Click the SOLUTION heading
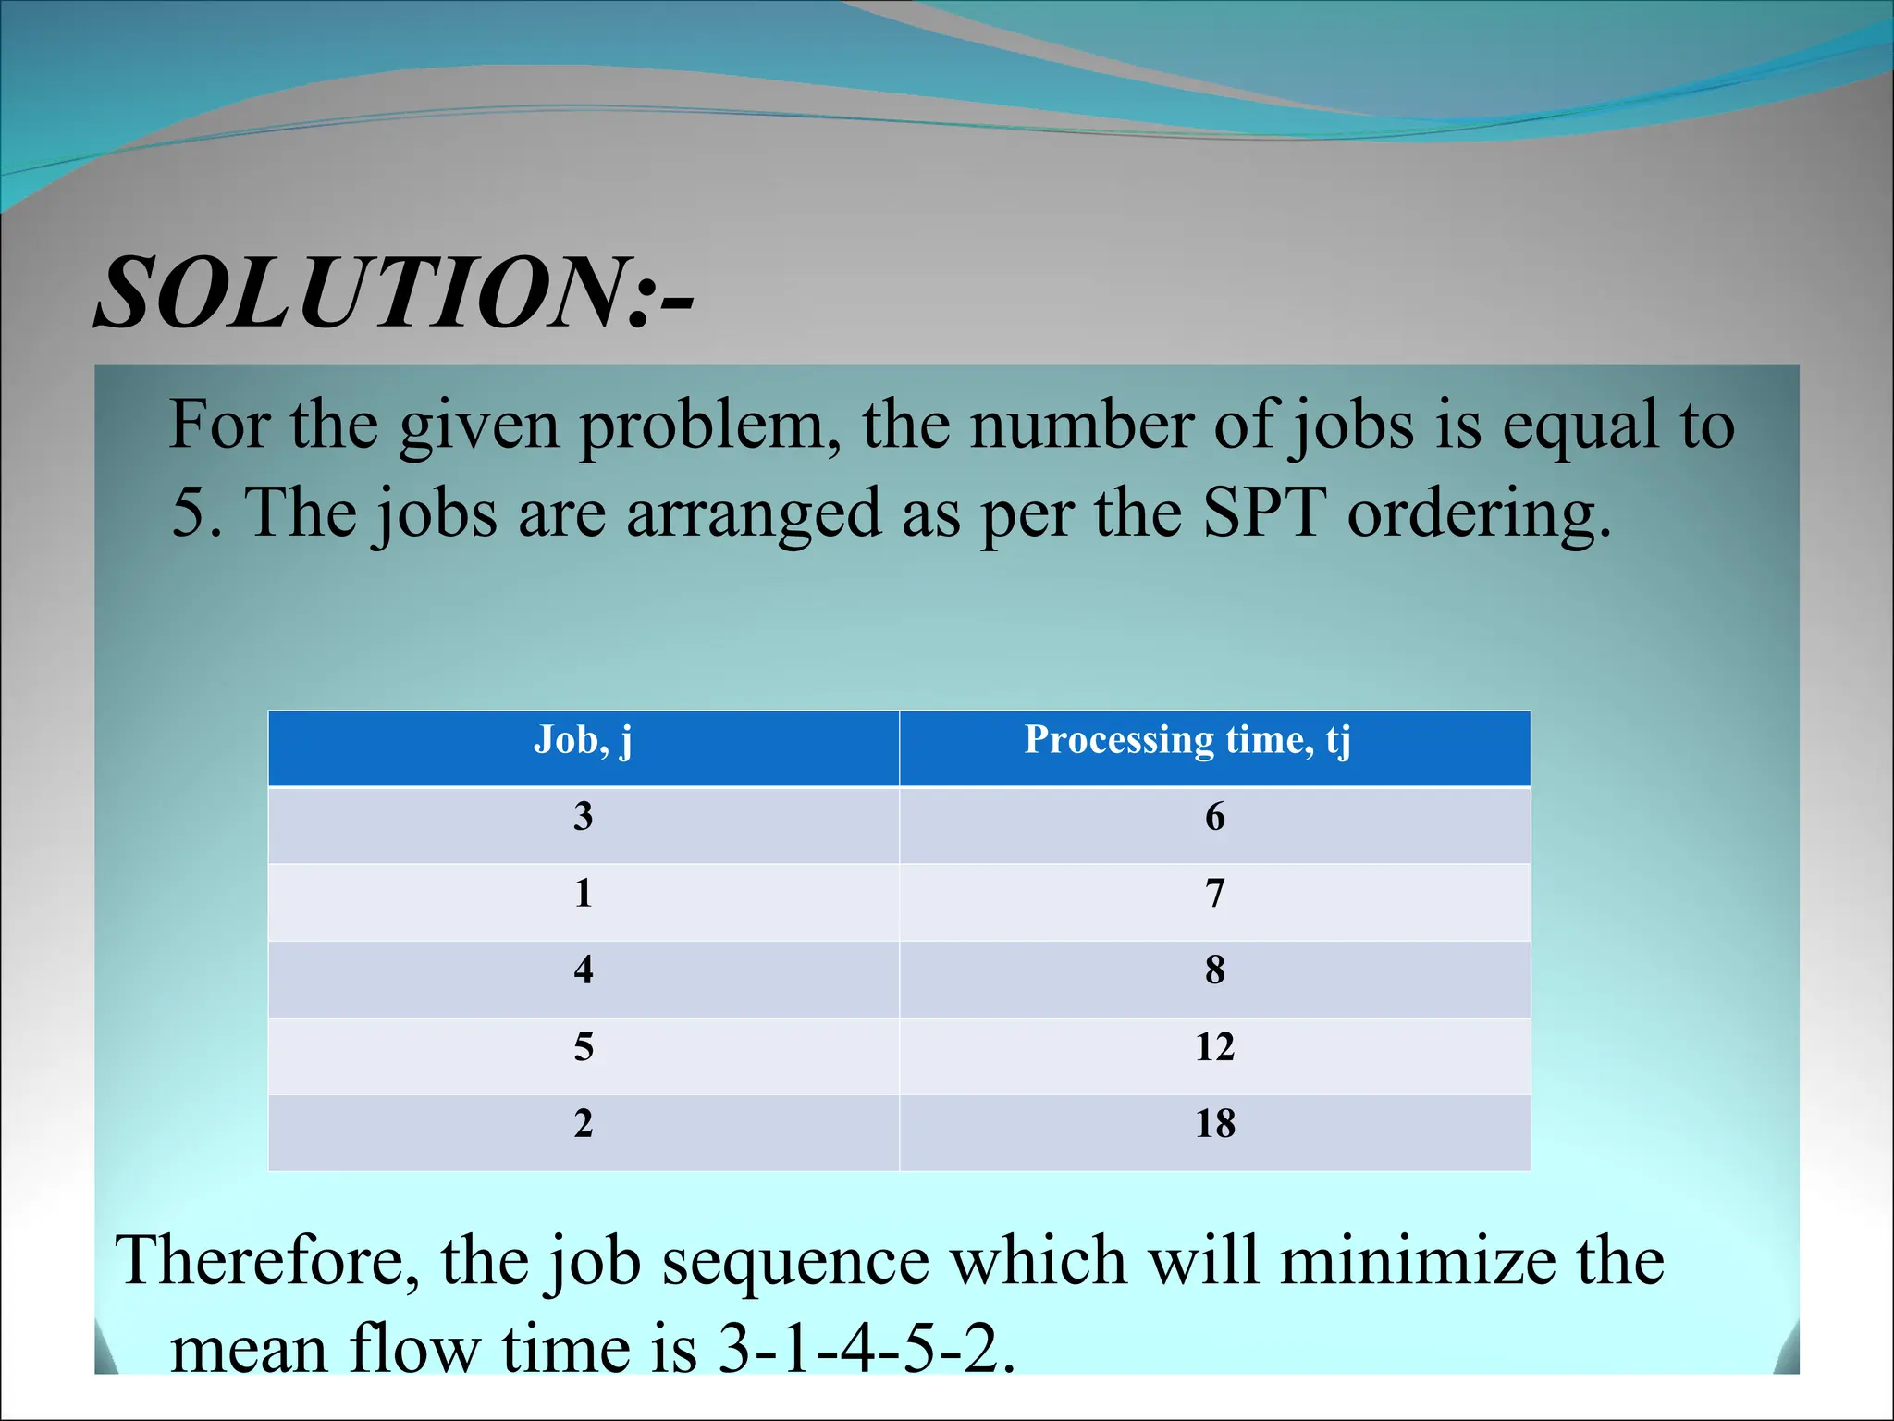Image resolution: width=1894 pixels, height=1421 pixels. click(x=393, y=293)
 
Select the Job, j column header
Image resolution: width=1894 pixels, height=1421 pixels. click(x=583, y=741)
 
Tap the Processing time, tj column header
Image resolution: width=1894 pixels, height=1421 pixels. click(x=1187, y=741)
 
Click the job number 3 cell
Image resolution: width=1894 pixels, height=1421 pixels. click(x=583, y=817)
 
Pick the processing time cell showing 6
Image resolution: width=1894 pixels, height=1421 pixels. click(x=1214, y=817)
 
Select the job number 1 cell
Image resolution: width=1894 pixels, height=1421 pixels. click(x=583, y=894)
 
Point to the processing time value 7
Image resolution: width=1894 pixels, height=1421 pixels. click(x=1214, y=894)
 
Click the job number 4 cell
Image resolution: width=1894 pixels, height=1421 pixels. click(x=583, y=970)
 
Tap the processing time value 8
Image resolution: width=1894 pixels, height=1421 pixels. click(x=1214, y=970)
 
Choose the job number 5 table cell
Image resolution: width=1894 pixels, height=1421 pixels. click(x=583, y=1047)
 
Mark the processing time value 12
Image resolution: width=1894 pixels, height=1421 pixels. click(x=1214, y=1047)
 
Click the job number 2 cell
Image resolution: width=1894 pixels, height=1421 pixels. click(x=583, y=1124)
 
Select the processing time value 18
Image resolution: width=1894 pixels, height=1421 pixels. click(x=1214, y=1124)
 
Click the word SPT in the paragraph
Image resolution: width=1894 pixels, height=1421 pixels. click(x=1263, y=513)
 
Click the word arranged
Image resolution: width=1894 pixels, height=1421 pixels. click(x=753, y=515)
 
